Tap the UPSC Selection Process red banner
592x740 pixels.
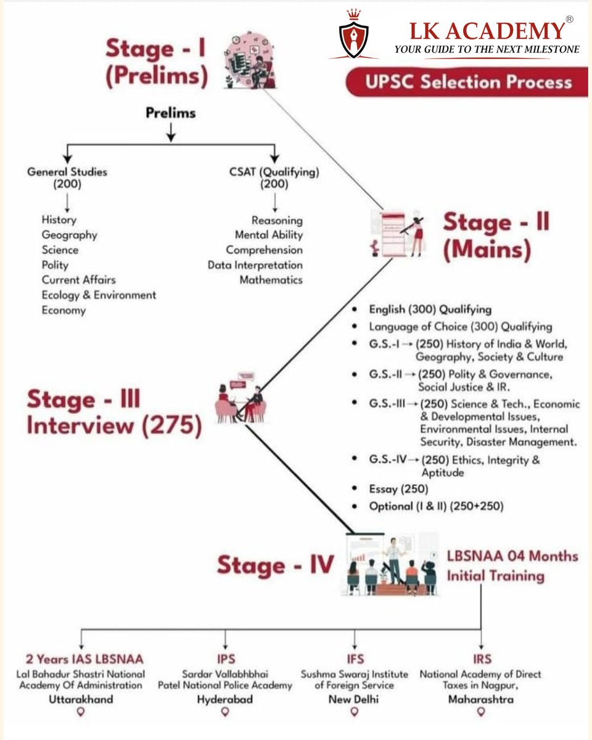[467, 83]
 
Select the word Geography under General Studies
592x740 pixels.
[69, 235]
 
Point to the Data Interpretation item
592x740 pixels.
[255, 265]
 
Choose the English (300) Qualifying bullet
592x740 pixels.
[430, 310]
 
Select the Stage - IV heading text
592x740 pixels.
[275, 565]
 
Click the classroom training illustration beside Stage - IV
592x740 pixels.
[390, 565]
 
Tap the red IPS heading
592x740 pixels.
[226, 659]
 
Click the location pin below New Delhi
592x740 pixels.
[355, 712]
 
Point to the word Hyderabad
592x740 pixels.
[225, 699]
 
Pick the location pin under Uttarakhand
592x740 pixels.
[80, 712]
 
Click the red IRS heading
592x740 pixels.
[481, 659]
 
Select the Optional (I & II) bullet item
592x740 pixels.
[436, 506]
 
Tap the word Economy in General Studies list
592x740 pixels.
[64, 310]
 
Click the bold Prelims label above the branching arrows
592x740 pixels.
[171, 113]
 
